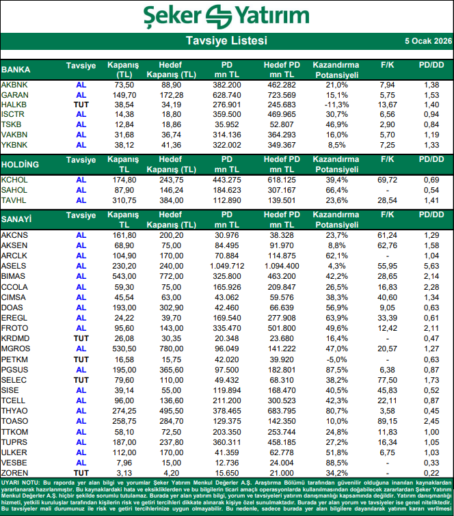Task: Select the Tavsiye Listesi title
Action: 227,41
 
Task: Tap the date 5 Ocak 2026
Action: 427,41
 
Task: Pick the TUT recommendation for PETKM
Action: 81,359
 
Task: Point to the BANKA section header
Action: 16,70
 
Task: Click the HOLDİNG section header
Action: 20,165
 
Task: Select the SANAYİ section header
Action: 17,219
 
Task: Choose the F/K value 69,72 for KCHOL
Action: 388,179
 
